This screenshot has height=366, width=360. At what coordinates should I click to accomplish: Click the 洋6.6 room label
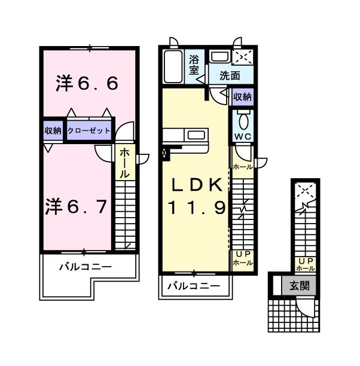click(x=87, y=83)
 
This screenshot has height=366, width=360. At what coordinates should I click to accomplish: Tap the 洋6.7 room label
click(x=76, y=207)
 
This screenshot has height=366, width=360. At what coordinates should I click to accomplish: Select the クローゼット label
click(x=89, y=130)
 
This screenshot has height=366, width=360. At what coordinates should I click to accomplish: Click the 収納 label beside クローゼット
click(x=53, y=130)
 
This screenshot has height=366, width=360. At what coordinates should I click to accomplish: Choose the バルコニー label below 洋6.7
click(x=85, y=267)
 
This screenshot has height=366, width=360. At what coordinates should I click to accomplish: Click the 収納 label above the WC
click(x=242, y=96)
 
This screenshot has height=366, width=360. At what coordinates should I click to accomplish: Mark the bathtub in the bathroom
click(x=173, y=67)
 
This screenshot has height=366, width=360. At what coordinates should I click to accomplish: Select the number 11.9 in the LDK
click(x=197, y=208)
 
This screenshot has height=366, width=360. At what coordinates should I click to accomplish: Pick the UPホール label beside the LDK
click(x=242, y=258)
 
